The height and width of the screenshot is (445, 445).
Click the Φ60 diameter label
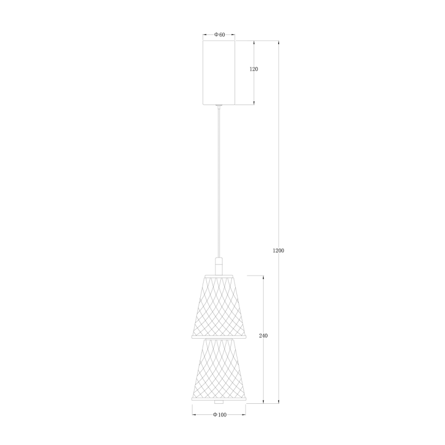point(219,35)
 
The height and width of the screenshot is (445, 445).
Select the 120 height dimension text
point(254,69)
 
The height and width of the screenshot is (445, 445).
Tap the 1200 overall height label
point(279,251)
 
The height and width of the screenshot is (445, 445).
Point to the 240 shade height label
point(264,336)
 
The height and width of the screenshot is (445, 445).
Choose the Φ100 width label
point(219,415)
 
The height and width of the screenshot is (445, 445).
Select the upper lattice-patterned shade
point(219,306)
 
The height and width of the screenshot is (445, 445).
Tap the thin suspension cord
point(219,184)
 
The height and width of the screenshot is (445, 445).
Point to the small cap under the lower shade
point(219,402)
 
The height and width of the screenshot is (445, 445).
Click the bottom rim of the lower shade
point(219,398)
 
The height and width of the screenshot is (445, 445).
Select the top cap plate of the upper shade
point(219,275)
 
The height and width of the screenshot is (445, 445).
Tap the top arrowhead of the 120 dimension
point(255,43)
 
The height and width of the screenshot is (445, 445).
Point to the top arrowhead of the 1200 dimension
point(279,43)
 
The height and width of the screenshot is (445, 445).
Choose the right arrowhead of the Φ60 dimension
point(234,35)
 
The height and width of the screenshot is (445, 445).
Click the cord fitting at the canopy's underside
point(219,106)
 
